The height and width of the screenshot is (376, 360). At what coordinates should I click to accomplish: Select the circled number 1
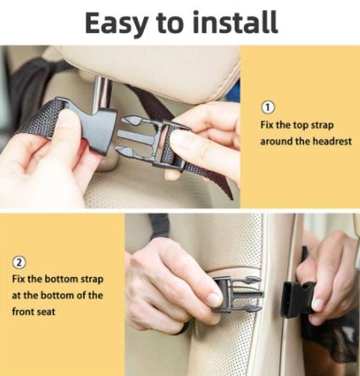click(268, 108)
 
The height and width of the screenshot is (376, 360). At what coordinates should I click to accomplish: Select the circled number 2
click(19, 263)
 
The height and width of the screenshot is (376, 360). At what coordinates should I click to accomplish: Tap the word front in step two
click(22, 312)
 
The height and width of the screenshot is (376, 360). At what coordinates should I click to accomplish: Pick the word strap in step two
click(92, 279)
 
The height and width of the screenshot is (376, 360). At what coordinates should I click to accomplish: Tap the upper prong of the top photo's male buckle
click(131, 121)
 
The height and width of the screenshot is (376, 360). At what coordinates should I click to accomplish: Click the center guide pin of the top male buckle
click(137, 135)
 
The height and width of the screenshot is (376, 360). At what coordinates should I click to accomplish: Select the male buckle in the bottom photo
click(238, 295)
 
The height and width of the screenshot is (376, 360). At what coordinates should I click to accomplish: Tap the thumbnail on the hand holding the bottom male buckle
click(213, 298)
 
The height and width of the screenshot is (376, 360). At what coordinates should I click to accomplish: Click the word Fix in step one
click(267, 125)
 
